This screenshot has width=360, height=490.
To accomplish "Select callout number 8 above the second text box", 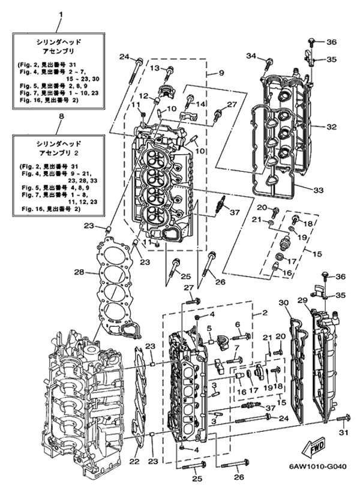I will coord(59,126).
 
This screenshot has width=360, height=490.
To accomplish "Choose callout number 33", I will coord(317,190).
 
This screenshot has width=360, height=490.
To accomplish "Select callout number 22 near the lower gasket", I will coord(134,462).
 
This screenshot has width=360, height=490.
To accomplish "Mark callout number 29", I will coord(303,300).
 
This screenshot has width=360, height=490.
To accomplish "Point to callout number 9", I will coord(221,73).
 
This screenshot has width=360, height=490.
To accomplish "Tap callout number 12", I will coord(143,96).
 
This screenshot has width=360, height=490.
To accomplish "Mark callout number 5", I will coord(209,328).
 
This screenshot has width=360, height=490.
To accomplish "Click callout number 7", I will coord(236,348).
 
